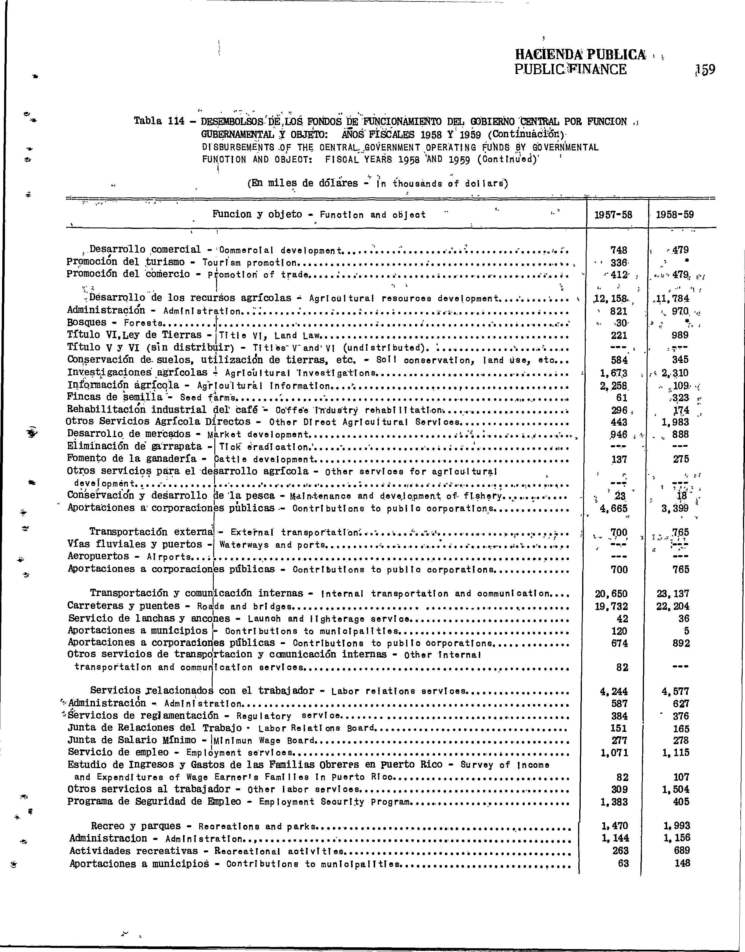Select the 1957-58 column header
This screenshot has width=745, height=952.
(616, 215)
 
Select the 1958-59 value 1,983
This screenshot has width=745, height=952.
(676, 422)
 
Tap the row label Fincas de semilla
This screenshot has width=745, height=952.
(115, 397)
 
